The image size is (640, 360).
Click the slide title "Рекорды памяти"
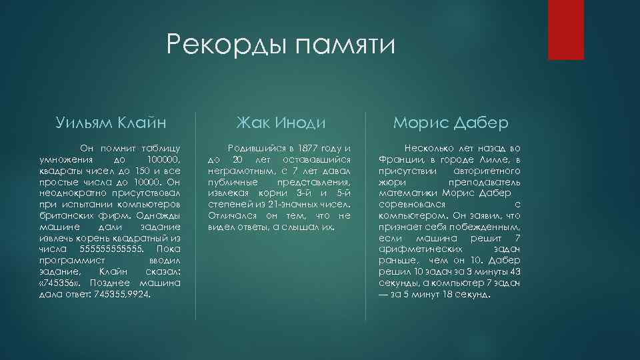(281, 46)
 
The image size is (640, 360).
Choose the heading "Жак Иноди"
(281, 123)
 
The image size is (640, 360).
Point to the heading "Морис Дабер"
(451, 123)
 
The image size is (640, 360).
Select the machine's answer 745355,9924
(123, 293)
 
